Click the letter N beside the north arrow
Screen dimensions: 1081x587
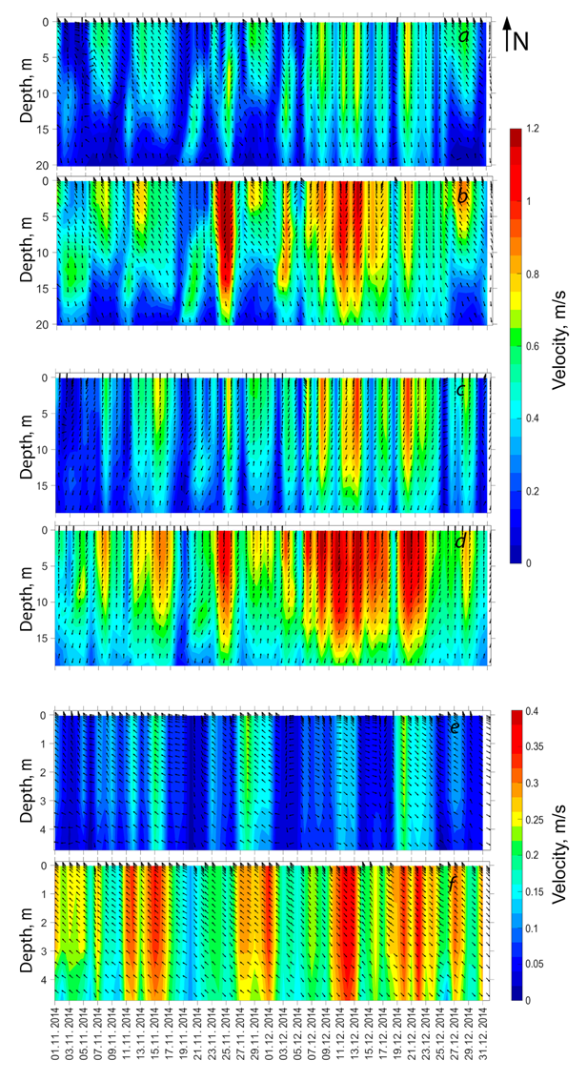tap(521, 39)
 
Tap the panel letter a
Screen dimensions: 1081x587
tap(462, 37)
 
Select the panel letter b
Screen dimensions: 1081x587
tap(462, 197)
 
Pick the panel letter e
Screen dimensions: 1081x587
tap(455, 727)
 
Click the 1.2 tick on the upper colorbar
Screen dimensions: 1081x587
tap(540, 129)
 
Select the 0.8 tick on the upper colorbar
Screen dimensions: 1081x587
tap(540, 274)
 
